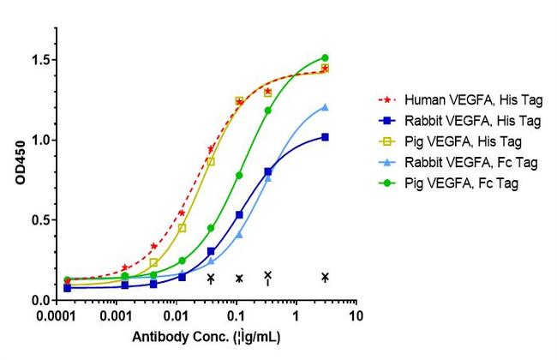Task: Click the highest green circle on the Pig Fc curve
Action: (325, 57)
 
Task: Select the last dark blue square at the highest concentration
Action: (325, 137)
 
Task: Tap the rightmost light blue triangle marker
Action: (325, 107)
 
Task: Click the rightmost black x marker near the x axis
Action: (325, 276)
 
